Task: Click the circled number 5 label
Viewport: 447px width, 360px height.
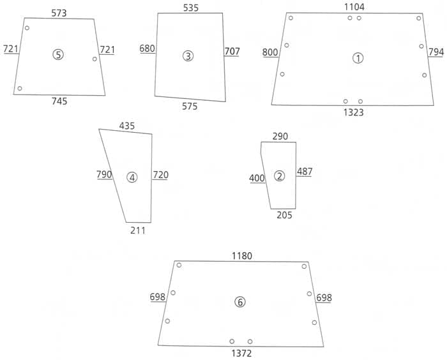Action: pyautogui.click(x=58, y=55)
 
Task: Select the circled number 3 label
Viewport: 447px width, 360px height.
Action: pyautogui.click(x=187, y=56)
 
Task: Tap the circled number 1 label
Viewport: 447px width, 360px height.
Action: pyautogui.click(x=358, y=58)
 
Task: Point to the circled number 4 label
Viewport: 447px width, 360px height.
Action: pyautogui.click(x=132, y=177)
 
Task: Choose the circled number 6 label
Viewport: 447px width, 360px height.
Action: pyautogui.click(x=240, y=302)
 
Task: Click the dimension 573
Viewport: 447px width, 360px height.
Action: pyautogui.click(x=58, y=13)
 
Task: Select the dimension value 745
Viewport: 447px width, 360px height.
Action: pyautogui.click(x=59, y=101)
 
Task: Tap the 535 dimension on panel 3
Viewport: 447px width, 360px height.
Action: pyautogui.click(x=191, y=8)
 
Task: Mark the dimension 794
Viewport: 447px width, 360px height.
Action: pyautogui.click(x=436, y=52)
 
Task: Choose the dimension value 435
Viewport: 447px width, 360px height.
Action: pyautogui.click(x=127, y=126)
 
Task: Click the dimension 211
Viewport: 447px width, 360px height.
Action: pyautogui.click(x=137, y=230)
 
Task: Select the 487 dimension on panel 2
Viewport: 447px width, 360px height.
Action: pyautogui.click(x=304, y=172)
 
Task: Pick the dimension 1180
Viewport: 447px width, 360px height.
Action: pyautogui.click(x=242, y=256)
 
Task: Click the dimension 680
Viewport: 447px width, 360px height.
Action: pyautogui.click(x=147, y=49)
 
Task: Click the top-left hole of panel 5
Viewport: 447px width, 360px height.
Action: pyautogui.click(x=27, y=28)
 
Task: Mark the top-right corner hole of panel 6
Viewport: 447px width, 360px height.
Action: pyautogui.click(x=304, y=266)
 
